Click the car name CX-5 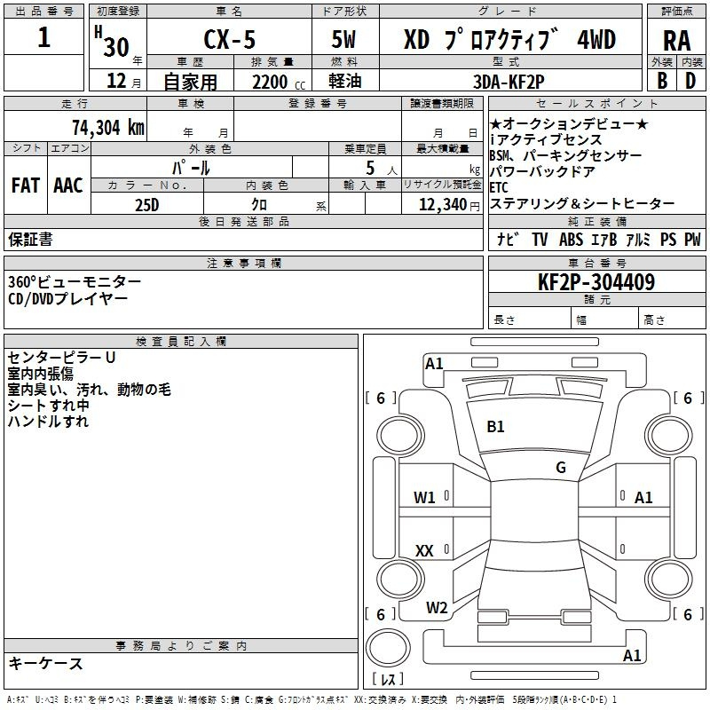coord(229,39)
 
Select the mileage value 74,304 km coord(108,128)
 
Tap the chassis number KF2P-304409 coord(596,282)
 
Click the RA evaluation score coord(676,41)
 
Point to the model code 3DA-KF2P coord(509,82)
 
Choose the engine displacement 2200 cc coord(279,82)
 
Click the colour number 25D coord(147,205)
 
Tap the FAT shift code coord(26,185)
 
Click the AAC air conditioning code coord(68,185)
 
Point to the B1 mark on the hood coord(495,427)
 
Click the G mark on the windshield coord(561,468)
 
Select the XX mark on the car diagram coord(424,550)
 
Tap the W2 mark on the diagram coord(437,608)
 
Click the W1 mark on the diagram coord(424,498)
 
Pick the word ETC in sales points coord(499,187)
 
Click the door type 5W coord(343,39)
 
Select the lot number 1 coord(43,37)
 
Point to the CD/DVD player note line coord(68,299)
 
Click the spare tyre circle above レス coord(388,648)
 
